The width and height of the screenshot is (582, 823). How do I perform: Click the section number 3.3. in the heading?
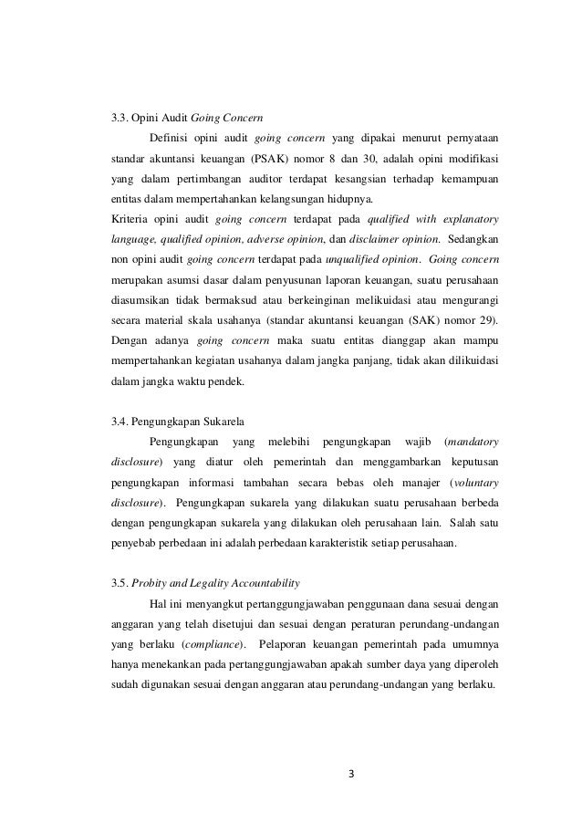click(120, 118)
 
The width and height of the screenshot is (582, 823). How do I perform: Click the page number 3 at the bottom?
click(352, 776)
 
